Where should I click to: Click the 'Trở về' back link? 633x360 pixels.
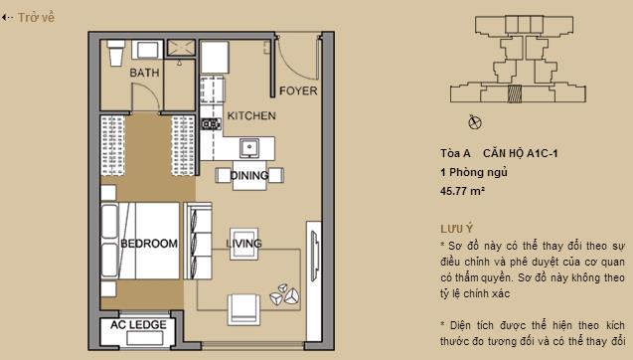click(x=30, y=17)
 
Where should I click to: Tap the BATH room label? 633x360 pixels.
click(x=146, y=73)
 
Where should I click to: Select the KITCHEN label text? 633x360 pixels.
click(x=251, y=116)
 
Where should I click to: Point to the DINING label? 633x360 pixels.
click(x=248, y=176)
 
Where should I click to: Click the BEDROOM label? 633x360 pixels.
click(x=148, y=244)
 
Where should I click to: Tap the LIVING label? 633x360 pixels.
click(x=243, y=244)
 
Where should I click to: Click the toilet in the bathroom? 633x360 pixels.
click(x=115, y=48)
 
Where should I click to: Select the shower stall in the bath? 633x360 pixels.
click(x=181, y=50)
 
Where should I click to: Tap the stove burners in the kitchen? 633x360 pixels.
click(x=209, y=125)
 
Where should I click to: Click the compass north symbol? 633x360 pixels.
click(x=474, y=122)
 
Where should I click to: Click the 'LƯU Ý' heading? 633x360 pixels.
click(x=457, y=228)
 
